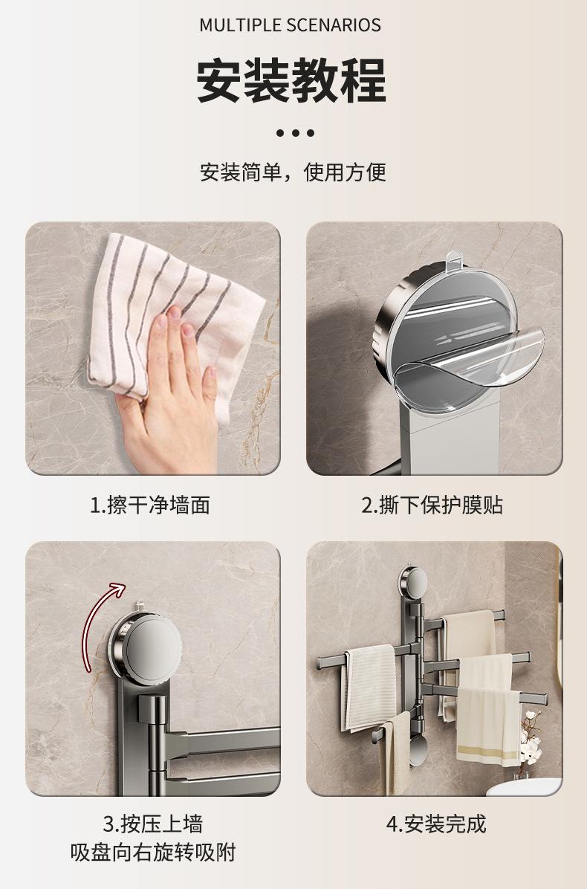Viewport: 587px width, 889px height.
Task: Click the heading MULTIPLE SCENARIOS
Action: point(290,25)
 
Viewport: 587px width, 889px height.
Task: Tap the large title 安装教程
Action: point(292,80)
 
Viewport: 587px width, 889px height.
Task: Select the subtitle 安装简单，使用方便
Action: point(293,172)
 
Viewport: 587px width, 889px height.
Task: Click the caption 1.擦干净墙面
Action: point(150,505)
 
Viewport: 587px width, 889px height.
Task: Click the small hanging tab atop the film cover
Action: point(454,259)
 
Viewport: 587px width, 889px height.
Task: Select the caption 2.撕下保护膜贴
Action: point(432,505)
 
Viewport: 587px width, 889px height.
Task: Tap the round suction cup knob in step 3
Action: point(149,647)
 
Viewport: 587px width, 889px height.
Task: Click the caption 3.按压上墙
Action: point(153,824)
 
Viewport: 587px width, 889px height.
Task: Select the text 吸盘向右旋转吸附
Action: point(153,852)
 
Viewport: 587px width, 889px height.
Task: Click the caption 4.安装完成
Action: point(436,824)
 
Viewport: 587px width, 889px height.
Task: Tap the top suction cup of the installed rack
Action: point(413,582)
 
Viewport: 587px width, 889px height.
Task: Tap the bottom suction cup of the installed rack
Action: point(418,749)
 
